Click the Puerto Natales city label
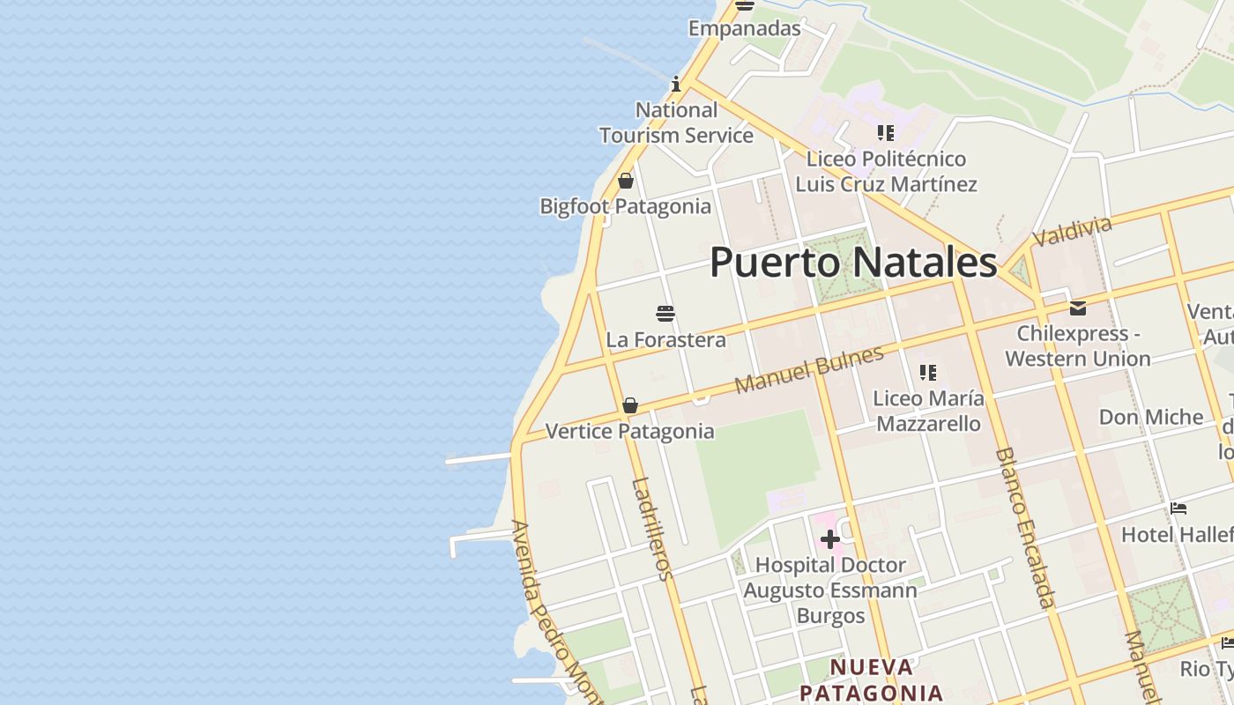click(853, 263)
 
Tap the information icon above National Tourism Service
click(676, 85)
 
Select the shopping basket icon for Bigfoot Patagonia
click(626, 181)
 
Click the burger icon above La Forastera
click(665, 314)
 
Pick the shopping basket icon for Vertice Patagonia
click(630, 405)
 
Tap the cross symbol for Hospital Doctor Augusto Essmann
click(829, 538)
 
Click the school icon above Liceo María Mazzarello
click(927, 373)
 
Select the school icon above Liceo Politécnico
click(886, 133)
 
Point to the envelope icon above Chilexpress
click(1077, 308)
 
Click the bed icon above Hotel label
click(1178, 508)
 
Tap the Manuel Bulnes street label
click(808, 370)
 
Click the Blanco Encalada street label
click(1024, 528)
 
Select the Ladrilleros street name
click(653, 529)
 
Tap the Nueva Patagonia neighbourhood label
click(872, 679)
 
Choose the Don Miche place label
click(1150, 417)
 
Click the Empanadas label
click(744, 28)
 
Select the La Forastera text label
click(665, 339)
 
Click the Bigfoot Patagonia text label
click(625, 206)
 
